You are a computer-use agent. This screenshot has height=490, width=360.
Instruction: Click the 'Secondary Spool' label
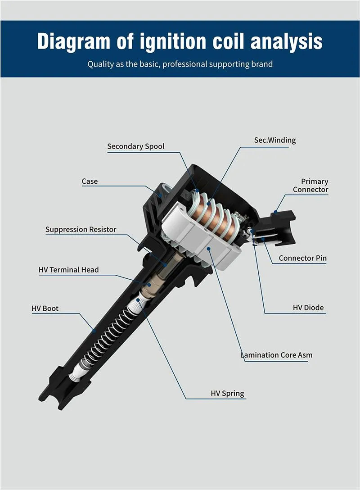click(x=136, y=146)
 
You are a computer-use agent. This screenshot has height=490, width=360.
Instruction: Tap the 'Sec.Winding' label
click(x=275, y=140)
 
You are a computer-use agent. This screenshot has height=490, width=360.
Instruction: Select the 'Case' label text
click(x=90, y=181)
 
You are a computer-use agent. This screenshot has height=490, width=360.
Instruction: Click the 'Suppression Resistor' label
click(x=81, y=230)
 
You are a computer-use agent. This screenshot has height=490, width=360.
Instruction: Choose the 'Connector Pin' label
click(x=302, y=258)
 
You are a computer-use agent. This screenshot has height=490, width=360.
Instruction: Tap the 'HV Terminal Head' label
click(x=69, y=270)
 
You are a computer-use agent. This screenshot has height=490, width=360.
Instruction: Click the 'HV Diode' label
click(x=308, y=308)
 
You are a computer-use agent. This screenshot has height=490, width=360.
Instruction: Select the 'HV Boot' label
click(x=45, y=309)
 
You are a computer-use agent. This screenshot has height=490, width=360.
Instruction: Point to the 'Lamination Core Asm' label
click(x=276, y=355)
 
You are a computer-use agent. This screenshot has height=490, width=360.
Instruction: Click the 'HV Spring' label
click(x=228, y=393)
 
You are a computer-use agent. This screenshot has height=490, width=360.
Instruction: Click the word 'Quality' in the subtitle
click(x=101, y=64)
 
